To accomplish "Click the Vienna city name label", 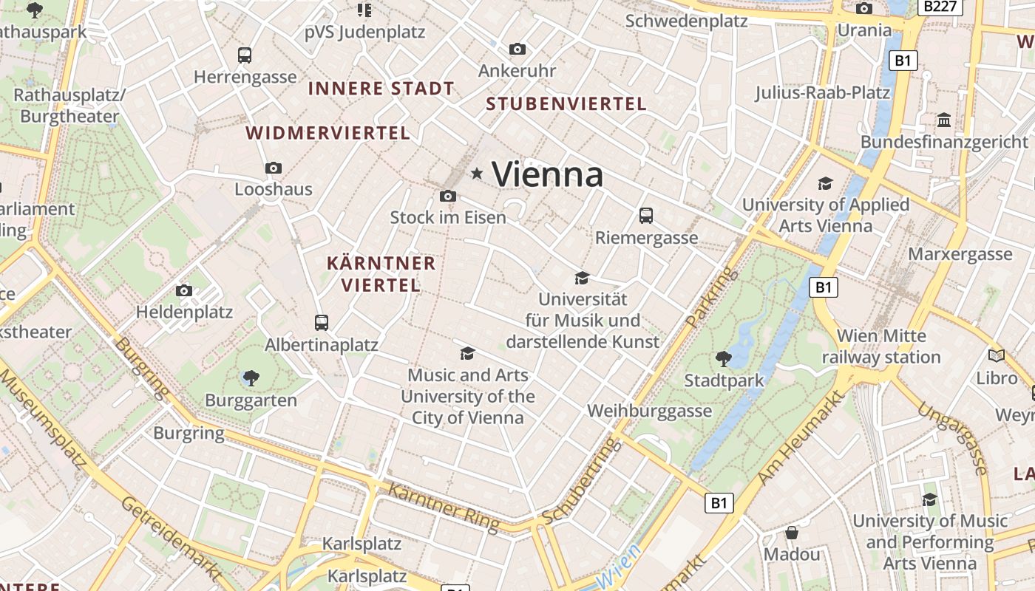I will [x=547, y=175].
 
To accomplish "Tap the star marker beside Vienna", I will [x=477, y=174].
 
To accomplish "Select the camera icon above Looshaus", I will [x=274, y=168].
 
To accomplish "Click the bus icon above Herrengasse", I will [x=245, y=55].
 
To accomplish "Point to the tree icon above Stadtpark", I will [x=723, y=359].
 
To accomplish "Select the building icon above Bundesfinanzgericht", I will [x=944, y=120].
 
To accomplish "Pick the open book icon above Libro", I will [x=997, y=356].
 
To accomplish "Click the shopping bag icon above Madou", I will [x=792, y=533].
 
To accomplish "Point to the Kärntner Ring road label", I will [x=444, y=508].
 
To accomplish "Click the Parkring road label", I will [x=711, y=298].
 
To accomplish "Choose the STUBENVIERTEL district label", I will [x=566, y=104].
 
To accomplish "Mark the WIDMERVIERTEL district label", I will [x=328, y=134].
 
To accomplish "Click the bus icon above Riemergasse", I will [x=646, y=216].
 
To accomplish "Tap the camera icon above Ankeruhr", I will [x=517, y=49].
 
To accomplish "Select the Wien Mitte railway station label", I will [x=881, y=346].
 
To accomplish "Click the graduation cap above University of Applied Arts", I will [x=825, y=183].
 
